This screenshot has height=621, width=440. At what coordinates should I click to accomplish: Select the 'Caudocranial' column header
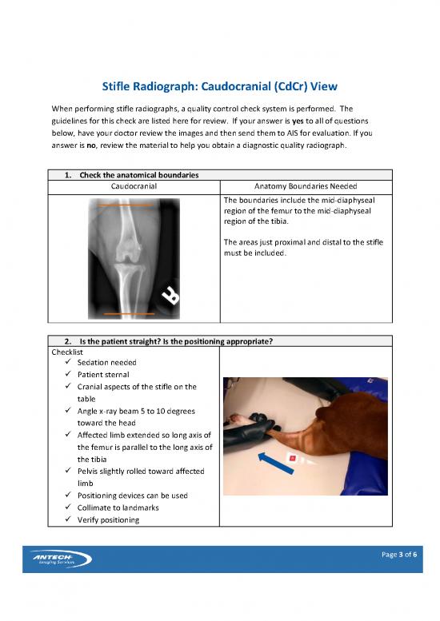(133, 186)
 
